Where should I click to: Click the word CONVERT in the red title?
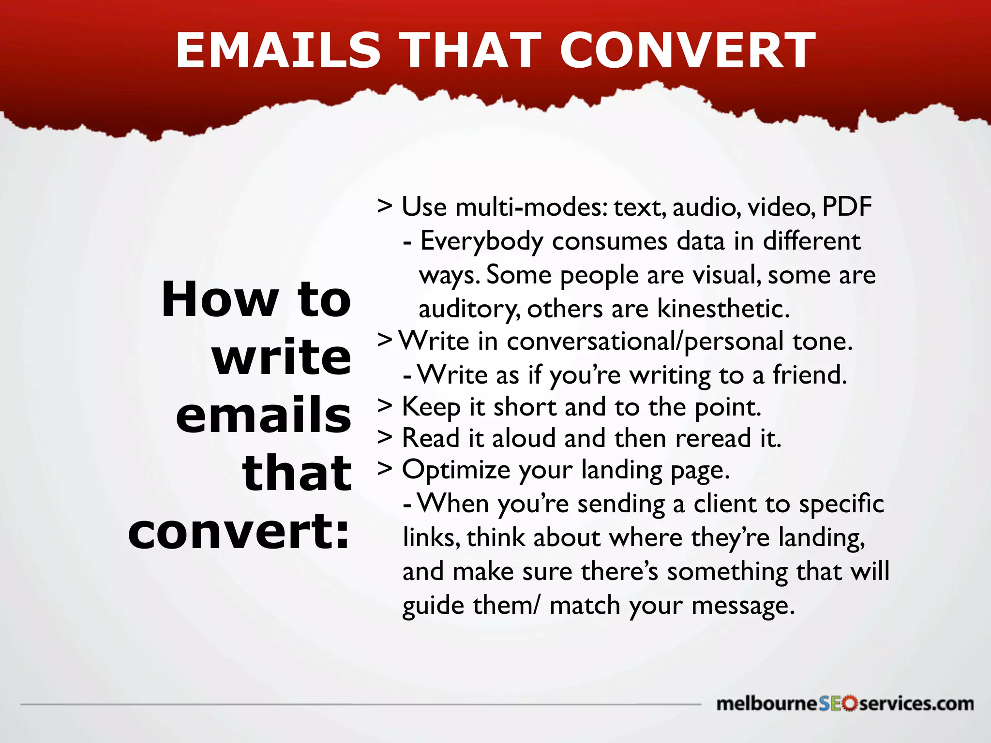pos(688,50)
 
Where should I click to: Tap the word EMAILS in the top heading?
pos(278,50)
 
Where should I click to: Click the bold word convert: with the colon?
pos(239,532)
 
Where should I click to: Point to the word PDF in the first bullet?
pos(847,207)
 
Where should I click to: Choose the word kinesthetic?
pos(723,309)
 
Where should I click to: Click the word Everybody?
pos(482,241)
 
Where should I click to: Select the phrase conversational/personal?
pos(645,342)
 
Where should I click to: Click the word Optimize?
pos(456,470)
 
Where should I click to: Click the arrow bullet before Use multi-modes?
pos(385,206)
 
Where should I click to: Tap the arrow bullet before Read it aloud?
pos(385,437)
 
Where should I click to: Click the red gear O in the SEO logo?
pos(849,703)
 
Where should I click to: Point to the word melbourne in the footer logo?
pos(767,704)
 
